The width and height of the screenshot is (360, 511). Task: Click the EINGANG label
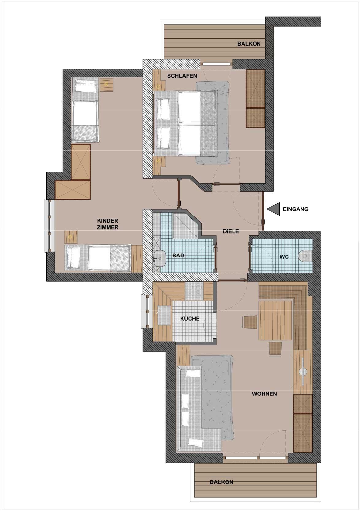(x=295, y=209)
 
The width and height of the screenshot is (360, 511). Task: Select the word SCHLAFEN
(x=182, y=76)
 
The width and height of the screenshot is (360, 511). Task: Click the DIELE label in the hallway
(x=231, y=231)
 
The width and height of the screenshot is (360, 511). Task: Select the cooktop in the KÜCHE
(x=194, y=291)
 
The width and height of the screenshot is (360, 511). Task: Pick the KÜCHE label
(x=190, y=318)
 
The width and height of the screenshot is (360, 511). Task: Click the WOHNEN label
(x=264, y=394)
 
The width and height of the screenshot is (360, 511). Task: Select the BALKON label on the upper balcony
(x=249, y=44)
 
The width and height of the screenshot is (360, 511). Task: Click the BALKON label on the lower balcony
(x=221, y=482)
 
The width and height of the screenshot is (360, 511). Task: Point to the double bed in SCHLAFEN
(x=185, y=123)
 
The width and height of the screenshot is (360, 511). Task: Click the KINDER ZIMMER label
(x=108, y=224)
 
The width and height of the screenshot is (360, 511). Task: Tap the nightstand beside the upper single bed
(x=106, y=85)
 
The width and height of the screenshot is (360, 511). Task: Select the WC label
(x=284, y=257)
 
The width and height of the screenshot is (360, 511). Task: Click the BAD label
(x=178, y=256)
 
